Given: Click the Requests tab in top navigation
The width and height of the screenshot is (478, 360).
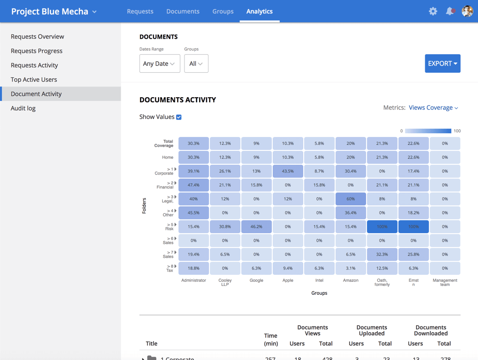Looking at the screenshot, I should (x=140, y=11).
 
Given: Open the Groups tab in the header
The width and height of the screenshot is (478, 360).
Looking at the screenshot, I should (x=223, y=11).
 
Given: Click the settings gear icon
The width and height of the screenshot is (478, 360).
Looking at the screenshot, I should (x=433, y=11).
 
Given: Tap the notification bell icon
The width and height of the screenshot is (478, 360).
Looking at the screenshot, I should (x=449, y=11).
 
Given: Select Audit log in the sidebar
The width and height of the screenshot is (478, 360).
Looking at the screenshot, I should (x=23, y=108).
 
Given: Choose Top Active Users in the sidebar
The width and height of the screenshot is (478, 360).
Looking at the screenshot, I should (x=34, y=80).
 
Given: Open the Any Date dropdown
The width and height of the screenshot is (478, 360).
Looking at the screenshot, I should (x=159, y=63).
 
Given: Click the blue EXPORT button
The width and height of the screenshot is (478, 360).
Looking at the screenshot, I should (x=442, y=63).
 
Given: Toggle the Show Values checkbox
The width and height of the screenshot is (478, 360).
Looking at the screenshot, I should (x=179, y=117).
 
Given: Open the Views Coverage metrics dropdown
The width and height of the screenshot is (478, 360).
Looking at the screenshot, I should (x=433, y=107).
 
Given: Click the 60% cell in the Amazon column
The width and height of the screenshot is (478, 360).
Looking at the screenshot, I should (x=350, y=199).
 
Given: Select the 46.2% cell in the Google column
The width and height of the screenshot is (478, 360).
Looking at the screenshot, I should (x=256, y=227).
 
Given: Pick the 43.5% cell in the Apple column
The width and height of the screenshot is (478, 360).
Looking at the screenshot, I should (x=288, y=171).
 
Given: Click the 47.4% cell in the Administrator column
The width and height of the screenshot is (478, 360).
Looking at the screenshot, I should (x=193, y=185).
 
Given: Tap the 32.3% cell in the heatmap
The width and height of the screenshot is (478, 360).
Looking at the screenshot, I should (x=382, y=254).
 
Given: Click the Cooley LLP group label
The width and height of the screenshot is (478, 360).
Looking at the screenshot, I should (x=225, y=282).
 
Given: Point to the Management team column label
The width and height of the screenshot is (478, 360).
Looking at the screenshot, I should (x=445, y=282).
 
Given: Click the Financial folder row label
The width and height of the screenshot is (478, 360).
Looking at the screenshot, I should (x=165, y=185).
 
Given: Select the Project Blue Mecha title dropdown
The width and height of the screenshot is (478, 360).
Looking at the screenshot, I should (x=54, y=12).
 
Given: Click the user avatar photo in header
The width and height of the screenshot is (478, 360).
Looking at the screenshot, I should (x=467, y=11).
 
